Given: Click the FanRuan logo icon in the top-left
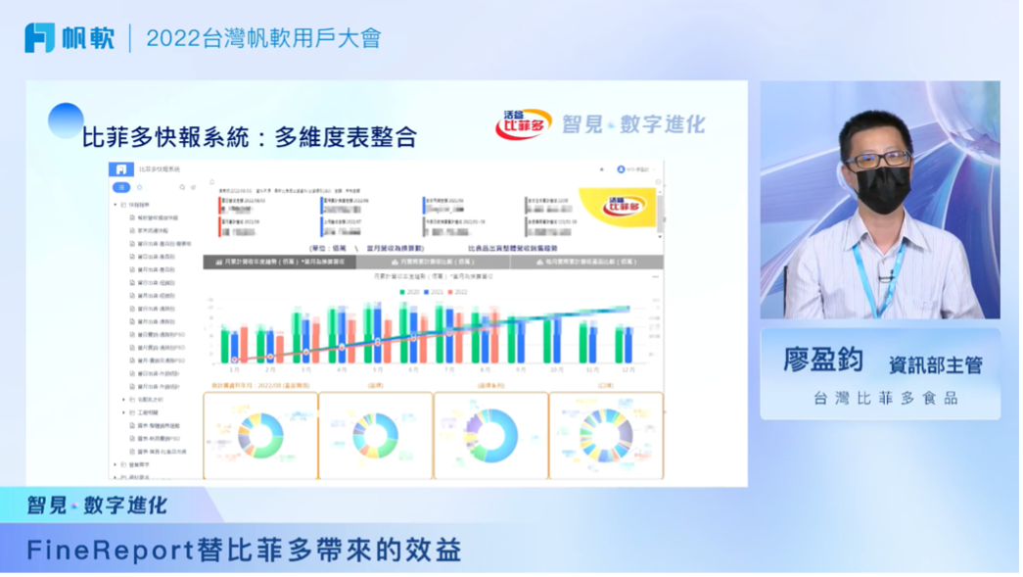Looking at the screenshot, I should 40,38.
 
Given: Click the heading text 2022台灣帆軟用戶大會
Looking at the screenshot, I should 263,38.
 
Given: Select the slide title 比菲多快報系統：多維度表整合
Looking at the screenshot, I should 250,137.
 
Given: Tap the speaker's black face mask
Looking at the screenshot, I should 882,188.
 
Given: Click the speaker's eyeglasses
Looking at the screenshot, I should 877,158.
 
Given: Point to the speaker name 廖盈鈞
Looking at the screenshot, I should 823,361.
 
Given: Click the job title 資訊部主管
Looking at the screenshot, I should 935,364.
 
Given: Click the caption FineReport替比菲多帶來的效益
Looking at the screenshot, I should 244,551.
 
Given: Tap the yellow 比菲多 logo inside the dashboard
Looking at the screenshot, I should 618,207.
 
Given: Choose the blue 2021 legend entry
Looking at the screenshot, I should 433,291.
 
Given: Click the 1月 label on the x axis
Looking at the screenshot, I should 234,370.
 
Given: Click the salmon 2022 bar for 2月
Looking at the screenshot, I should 279,349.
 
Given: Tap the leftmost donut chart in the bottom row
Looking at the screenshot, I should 259,435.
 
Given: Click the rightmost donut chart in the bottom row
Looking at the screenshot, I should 606,435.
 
